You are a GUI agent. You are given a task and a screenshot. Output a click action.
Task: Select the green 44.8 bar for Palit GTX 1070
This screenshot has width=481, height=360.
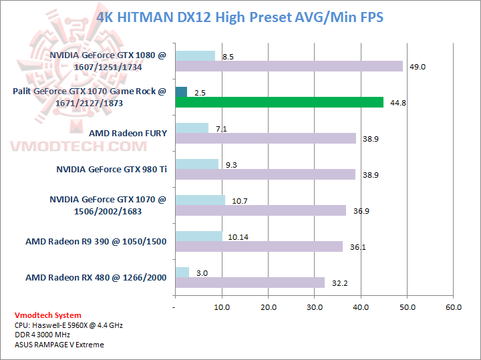coord(279,102)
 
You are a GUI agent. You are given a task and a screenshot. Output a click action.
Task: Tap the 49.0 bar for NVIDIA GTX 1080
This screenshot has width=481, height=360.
coord(289,66)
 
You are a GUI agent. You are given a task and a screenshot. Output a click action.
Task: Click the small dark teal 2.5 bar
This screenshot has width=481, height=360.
coord(181,92)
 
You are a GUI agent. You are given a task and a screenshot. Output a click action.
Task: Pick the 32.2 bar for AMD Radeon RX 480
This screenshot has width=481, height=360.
coord(250,283)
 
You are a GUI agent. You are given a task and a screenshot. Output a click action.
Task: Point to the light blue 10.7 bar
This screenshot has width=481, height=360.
coord(200,200)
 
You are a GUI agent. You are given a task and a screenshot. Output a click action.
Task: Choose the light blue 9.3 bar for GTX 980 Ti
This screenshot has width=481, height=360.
coord(196,164)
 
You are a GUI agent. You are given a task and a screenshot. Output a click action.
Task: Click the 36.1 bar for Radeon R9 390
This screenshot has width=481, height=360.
coord(259,246)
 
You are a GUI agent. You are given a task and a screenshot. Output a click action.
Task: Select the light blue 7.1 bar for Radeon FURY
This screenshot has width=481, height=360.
coord(192,128)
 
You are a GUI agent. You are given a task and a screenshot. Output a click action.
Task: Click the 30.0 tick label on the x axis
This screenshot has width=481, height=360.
coord(315,307)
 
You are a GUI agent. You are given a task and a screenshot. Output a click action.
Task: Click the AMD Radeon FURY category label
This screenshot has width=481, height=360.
coord(128,133)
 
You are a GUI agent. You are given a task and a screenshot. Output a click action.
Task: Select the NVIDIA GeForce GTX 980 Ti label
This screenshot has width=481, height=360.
coord(112,169)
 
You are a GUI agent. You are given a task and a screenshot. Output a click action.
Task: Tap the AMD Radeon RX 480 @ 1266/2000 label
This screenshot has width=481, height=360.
coord(96,277)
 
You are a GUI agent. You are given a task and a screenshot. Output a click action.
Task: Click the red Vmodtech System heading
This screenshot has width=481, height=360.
coord(48,315)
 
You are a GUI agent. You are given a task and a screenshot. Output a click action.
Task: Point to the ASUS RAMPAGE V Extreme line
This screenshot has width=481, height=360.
coord(59,345)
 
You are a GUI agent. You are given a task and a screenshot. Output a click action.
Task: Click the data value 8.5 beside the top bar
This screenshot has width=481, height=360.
coord(228,57)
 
